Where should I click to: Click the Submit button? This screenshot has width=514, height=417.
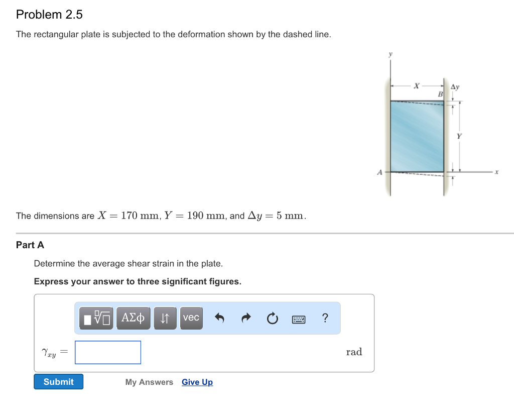[58, 382]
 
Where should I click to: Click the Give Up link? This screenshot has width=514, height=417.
[197, 382]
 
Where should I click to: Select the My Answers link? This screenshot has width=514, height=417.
[149, 382]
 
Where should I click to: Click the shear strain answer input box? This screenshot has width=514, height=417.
[108, 352]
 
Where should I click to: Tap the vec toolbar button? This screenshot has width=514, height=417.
[191, 318]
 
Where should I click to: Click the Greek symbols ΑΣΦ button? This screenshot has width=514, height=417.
[133, 318]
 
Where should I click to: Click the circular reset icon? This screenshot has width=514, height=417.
[272, 319]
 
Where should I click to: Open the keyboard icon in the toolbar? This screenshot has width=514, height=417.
[299, 319]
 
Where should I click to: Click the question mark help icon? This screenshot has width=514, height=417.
[325, 318]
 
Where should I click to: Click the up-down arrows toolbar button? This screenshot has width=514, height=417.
[165, 318]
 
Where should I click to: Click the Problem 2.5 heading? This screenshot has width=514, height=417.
[49, 15]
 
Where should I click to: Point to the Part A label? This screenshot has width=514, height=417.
[30, 245]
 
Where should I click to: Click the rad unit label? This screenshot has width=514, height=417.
[354, 352]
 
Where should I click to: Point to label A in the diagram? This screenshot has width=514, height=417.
[379, 172]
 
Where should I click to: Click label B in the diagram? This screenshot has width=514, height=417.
[440, 94]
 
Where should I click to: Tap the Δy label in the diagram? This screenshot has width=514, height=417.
[455, 87]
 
